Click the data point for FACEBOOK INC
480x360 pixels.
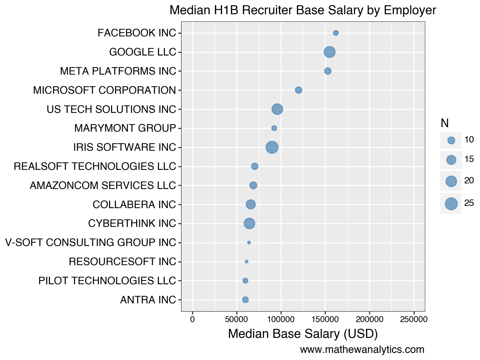[336, 33]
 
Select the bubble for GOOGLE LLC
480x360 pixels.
[330, 52]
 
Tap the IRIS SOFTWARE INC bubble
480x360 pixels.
[272, 147]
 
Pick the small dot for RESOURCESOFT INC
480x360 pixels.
[246, 262]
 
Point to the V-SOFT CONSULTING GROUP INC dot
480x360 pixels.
[249, 243]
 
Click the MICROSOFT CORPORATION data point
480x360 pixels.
[298, 90]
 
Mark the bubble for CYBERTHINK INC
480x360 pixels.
[249, 223]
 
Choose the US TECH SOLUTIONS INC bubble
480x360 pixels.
[277, 109]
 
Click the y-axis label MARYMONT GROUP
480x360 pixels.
[125, 128]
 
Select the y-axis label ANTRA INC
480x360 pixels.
[148, 300]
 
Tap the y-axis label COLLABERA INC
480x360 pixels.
[134, 205]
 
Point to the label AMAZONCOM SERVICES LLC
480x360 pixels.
[103, 186]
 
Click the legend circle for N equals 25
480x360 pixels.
[451, 204]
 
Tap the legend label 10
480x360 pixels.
[469, 140]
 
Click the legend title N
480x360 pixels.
[444, 123]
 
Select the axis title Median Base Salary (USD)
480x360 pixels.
[303, 334]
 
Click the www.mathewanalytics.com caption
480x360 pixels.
[362, 350]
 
